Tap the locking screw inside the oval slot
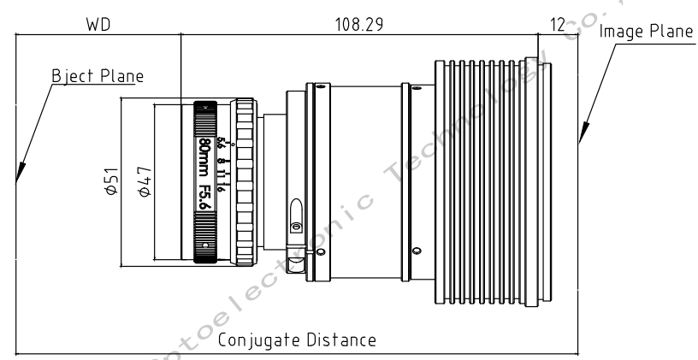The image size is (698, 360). (x=295, y=227)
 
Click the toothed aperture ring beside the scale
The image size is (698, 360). (x=245, y=180)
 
